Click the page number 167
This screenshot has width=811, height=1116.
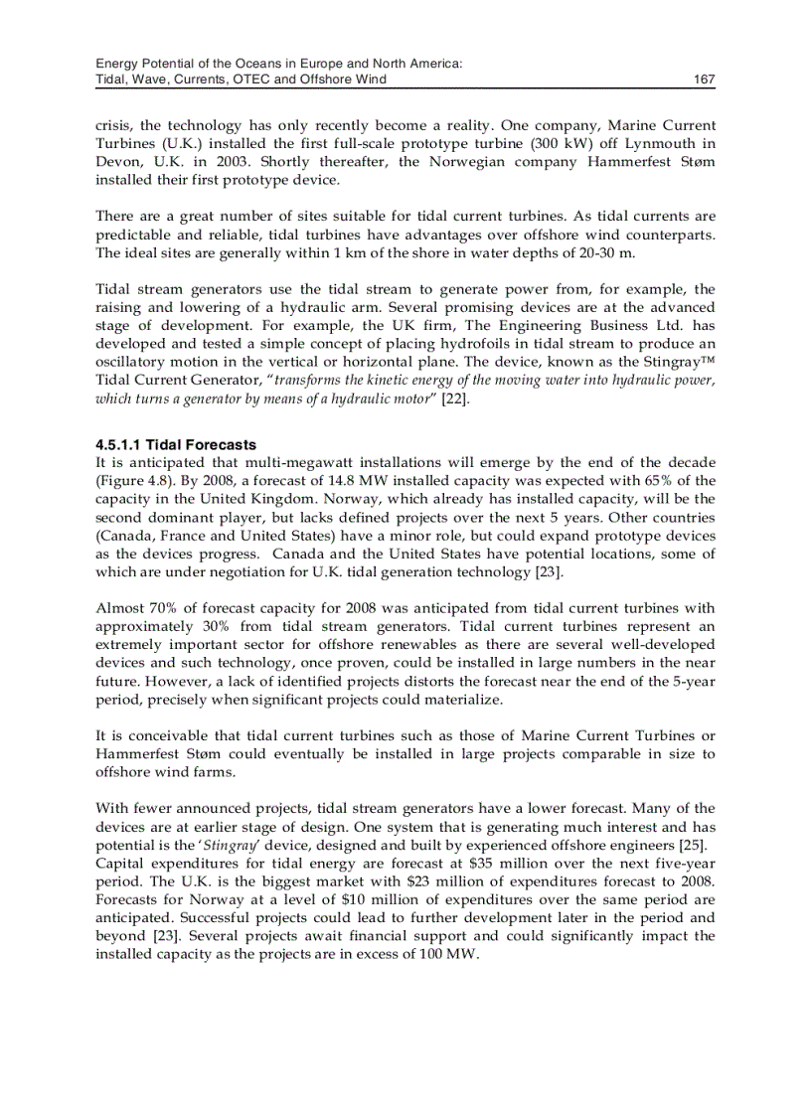pos(704,80)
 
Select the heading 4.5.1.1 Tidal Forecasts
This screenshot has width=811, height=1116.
pos(176,445)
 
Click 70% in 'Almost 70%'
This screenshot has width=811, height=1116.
pos(163,608)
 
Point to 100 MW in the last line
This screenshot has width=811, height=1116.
pos(449,954)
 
